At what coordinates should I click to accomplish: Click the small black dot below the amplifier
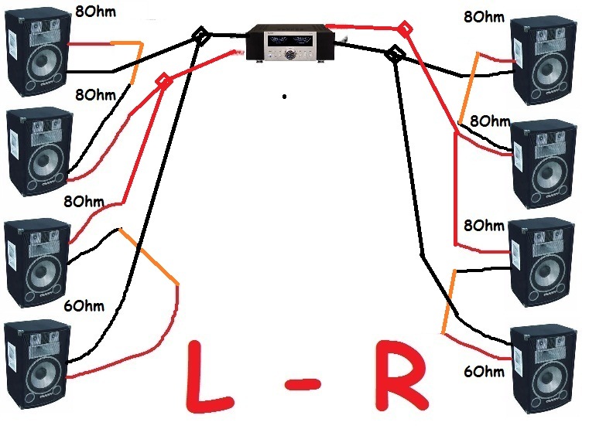click(284, 97)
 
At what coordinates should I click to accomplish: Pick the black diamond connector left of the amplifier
click(200, 35)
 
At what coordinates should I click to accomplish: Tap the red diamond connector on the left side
click(163, 81)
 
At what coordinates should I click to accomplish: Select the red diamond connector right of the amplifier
click(403, 29)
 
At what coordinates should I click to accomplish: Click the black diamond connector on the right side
click(395, 53)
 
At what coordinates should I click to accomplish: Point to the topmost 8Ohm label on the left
click(98, 11)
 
